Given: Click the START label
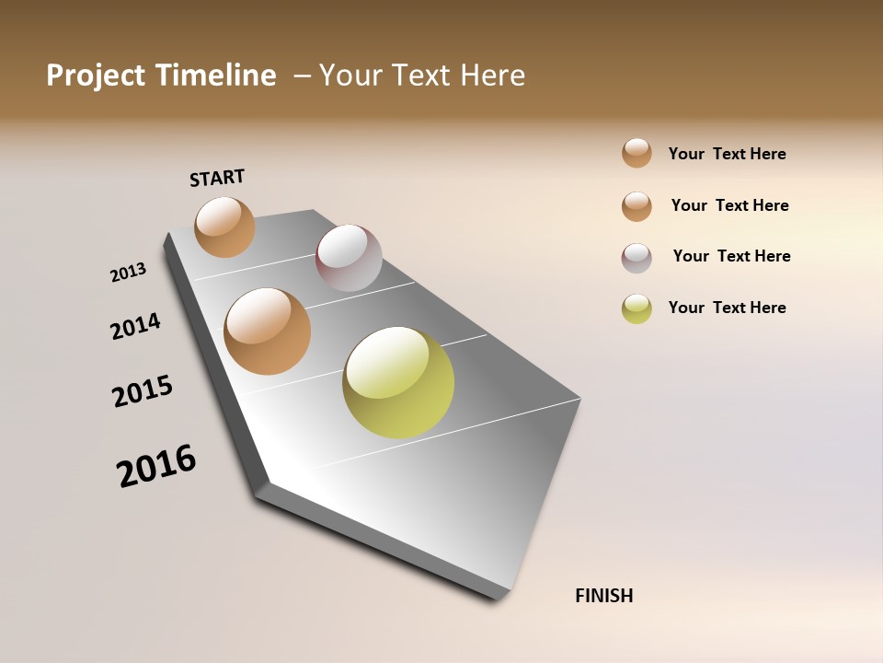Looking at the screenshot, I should pos(217,178).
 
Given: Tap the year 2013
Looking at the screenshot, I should pos(128,273).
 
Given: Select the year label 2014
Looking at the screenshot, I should pos(135,326).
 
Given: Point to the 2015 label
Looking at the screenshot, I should pos(143,390).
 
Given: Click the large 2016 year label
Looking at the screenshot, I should pos(156,465).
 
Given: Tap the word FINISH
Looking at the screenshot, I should pos(604,596).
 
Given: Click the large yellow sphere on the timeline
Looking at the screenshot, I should pos(398,382).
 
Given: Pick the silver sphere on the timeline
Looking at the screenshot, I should pos(349,258).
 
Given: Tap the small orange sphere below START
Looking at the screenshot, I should pos(225,227).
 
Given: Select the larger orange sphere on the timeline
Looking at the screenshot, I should pos(268,331).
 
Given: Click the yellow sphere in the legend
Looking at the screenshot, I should pos(636,308).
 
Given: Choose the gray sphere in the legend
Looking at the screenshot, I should pos(636,258).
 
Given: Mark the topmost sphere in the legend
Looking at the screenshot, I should pos(636,153).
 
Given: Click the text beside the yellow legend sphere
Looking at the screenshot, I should pos(727,308).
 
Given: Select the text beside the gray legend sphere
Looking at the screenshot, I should pos(731,256).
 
